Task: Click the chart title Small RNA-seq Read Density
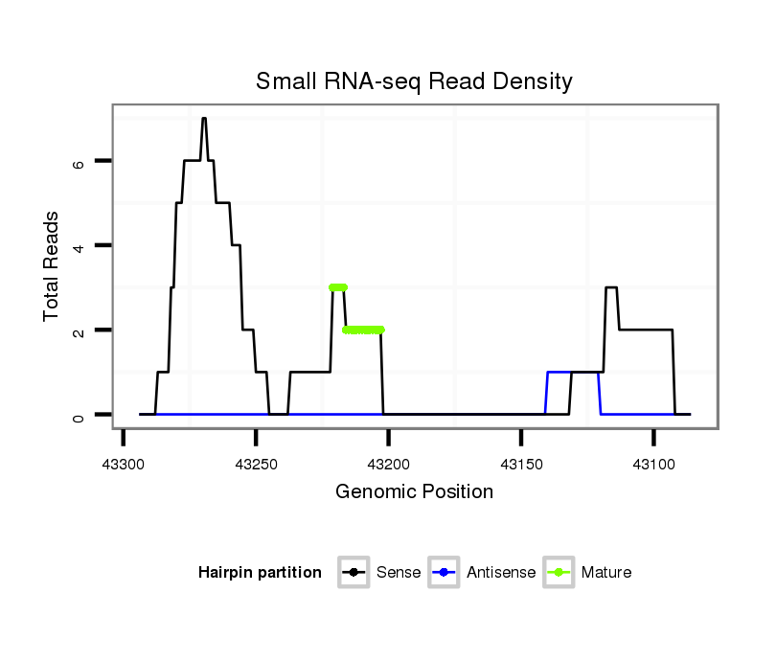414,81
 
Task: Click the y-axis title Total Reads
52,266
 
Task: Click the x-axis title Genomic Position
414,492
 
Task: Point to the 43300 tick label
124,465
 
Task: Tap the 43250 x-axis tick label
256,465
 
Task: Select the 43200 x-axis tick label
388,465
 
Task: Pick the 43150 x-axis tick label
520,465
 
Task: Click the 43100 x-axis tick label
653,465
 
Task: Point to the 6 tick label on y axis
80,162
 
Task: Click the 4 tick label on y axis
80,246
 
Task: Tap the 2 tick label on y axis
80,330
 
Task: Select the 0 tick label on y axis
80,415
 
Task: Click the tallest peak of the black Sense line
204,119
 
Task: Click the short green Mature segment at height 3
337,287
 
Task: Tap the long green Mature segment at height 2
363,330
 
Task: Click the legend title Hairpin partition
260,573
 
